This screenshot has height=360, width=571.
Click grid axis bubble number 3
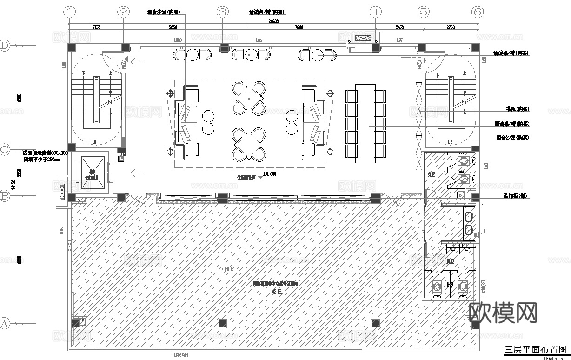[223, 12]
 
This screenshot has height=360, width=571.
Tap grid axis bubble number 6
[477, 12]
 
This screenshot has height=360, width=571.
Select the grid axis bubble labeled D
[5, 45]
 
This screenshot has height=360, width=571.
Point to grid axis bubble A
[5, 323]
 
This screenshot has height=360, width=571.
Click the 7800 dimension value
[299, 27]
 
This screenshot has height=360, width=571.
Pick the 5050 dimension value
[173, 27]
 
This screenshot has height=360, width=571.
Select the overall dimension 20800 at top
[273, 21]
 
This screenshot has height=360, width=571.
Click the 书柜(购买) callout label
[517, 109]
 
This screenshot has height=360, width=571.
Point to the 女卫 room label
[431, 174]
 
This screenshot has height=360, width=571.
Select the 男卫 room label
[450, 262]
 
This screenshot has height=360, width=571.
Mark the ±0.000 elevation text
[270, 174]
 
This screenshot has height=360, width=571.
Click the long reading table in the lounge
[365, 123]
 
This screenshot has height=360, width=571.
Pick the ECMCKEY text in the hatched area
[229, 269]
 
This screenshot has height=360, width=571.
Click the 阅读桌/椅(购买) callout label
[511, 124]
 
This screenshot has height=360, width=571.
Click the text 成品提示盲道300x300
[45, 153]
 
